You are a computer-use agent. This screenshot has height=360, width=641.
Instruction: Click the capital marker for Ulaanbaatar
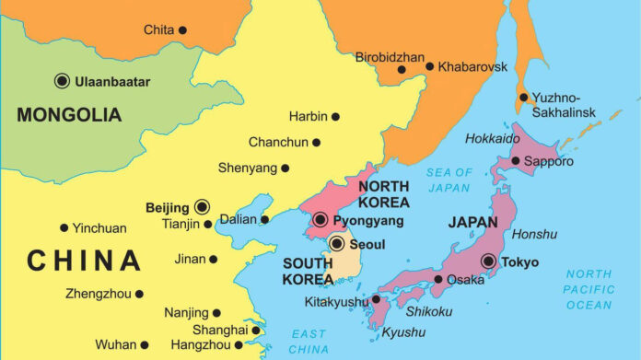(63, 81)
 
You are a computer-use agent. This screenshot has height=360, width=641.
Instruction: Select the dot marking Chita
(182, 30)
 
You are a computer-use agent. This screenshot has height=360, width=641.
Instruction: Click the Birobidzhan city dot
(402, 69)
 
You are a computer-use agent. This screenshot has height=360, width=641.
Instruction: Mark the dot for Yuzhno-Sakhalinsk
(523, 97)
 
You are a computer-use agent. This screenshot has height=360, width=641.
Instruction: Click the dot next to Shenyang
(286, 168)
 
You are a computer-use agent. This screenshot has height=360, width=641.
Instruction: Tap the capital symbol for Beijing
(202, 207)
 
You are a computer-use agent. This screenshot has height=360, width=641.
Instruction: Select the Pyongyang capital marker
(320, 220)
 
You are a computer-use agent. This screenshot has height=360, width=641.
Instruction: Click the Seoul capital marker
(337, 244)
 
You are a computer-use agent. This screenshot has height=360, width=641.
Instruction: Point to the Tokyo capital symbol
(488, 261)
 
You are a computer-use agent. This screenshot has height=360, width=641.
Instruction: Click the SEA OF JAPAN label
(449, 180)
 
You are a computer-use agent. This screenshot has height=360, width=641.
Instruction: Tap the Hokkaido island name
(493, 139)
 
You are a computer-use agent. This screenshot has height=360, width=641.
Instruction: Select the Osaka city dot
(438, 279)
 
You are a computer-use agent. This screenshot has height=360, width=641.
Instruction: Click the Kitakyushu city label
(335, 300)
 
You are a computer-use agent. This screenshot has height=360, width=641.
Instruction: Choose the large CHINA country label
(84, 261)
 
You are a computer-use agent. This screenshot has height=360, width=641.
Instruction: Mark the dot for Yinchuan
(64, 227)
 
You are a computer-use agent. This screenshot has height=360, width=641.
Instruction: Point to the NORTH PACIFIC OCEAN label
(589, 289)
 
